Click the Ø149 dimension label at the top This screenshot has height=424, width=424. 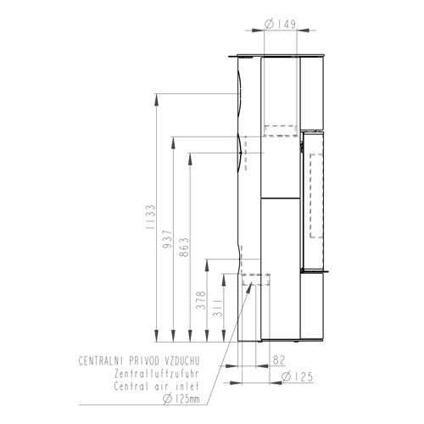280,25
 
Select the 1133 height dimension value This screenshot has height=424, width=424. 151,217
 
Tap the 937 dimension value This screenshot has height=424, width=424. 167,239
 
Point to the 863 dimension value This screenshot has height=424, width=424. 184,247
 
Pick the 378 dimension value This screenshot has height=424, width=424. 201,300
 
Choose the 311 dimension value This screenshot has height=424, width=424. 218,308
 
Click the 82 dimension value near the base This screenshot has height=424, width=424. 279,360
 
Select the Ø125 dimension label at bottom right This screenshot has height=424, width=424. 298,377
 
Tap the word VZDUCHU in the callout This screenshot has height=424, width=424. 181,361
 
